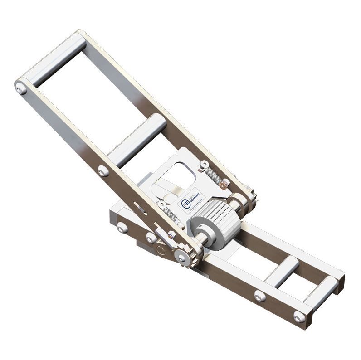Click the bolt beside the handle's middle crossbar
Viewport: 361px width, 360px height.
[103, 171]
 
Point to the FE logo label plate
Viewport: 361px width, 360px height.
[193, 200]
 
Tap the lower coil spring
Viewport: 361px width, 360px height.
[168, 213]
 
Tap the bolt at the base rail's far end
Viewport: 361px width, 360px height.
[299, 316]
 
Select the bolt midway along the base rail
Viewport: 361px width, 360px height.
[260, 296]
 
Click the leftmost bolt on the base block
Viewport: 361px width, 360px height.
[122, 227]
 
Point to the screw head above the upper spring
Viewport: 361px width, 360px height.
[205, 164]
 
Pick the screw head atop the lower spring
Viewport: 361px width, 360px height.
[161, 204]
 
